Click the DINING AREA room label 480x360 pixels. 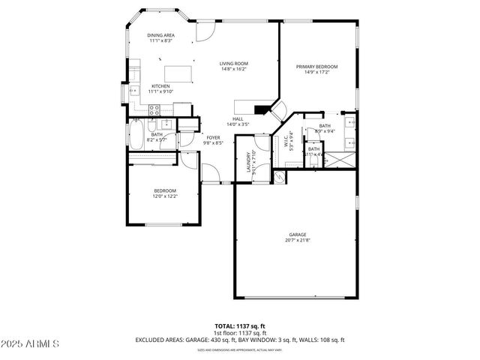point(160,35)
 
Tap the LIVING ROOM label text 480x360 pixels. point(233,64)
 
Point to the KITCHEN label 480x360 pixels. point(160,86)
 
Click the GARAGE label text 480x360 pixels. point(298,235)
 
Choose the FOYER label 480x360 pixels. point(214,137)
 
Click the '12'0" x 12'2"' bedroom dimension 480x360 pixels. point(165,196)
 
